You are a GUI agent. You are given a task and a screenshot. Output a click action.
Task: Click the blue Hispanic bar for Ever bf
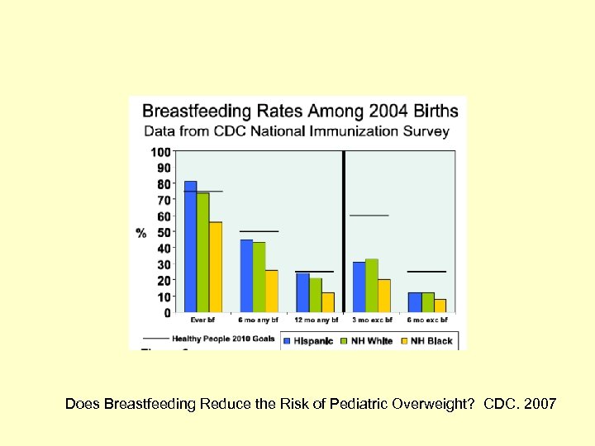coord(190,247)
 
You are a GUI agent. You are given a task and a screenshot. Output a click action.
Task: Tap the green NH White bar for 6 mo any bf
coord(259,278)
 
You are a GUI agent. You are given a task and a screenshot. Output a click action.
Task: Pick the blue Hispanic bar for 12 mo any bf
coord(302,293)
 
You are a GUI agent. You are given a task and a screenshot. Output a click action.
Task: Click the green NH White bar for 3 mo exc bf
coord(372,286)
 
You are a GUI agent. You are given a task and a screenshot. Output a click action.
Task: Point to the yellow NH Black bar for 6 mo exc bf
coord(440,306)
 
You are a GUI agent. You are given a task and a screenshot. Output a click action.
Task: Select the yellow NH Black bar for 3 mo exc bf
coord(384,296)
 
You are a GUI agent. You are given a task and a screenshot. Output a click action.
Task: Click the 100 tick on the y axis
coord(161,152)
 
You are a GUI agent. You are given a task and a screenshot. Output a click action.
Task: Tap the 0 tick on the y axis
coord(168,313)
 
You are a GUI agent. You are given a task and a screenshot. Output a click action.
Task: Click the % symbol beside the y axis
coord(141,232)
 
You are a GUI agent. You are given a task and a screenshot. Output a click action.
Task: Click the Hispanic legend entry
coord(308,340)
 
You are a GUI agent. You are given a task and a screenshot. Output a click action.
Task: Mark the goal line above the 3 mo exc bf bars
coord(369,216)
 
